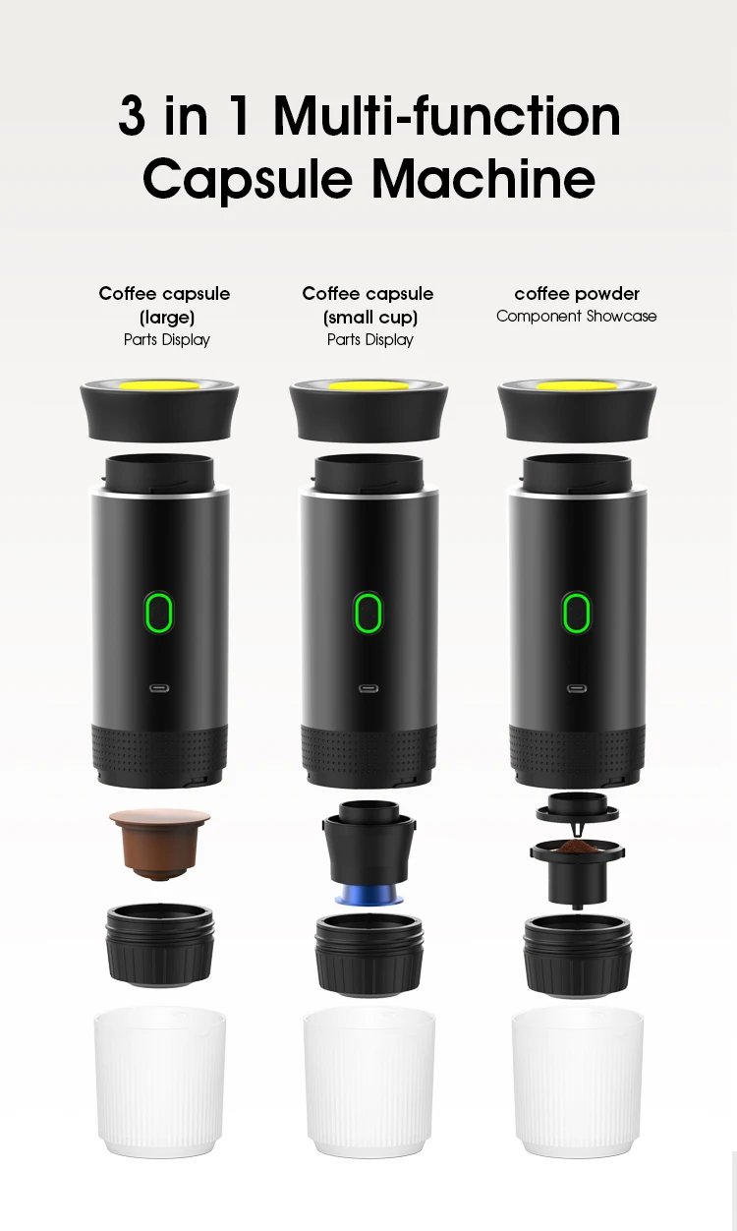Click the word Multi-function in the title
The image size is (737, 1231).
coord(447,117)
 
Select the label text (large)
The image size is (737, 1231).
coord(165,317)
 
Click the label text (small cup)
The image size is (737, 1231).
coord(369,317)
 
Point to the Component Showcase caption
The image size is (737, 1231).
coord(576,317)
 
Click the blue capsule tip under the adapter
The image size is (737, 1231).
coord(368,896)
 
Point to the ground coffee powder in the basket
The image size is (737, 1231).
coord(576,846)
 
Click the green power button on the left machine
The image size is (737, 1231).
coord(158,614)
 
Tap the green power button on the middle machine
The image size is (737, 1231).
coord(368,614)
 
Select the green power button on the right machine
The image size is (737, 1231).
coord(577,614)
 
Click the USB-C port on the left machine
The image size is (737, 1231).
coord(158,689)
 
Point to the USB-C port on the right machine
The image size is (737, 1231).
coord(577,689)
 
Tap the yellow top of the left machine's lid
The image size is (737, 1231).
coord(159,384)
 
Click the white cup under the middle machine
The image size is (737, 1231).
coord(368,1082)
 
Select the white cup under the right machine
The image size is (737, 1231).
coord(577,1082)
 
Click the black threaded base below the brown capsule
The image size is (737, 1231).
coord(159,944)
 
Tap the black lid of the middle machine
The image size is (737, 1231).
coord(368,413)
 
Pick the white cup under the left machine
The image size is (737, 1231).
coord(159,1082)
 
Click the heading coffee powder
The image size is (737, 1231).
coord(577,293)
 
